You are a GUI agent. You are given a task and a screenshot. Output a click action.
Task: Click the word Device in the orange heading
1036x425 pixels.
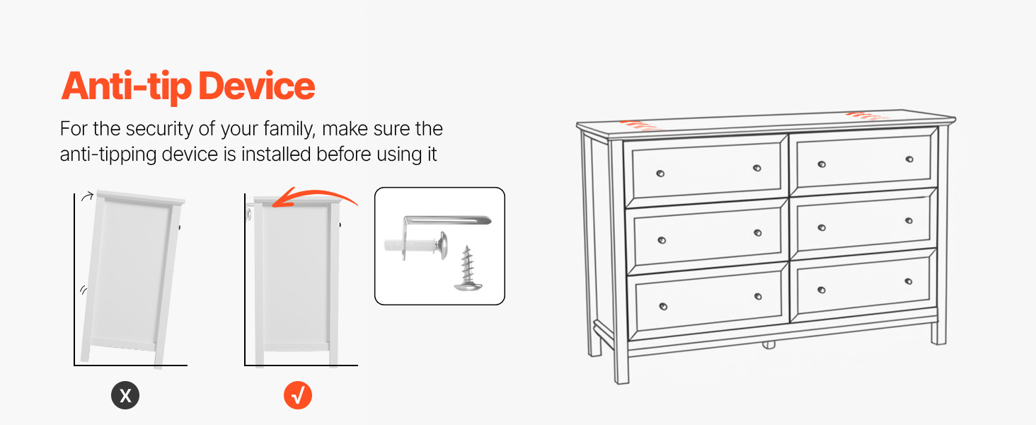click(257, 86)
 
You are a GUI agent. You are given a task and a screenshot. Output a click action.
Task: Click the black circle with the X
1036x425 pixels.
click(125, 395)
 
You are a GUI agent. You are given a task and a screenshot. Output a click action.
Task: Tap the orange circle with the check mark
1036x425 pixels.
click(298, 395)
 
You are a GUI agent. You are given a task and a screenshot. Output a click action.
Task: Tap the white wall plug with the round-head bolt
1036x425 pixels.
click(415, 244)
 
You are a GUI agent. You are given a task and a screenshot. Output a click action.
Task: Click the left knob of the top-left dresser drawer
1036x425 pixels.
click(660, 174)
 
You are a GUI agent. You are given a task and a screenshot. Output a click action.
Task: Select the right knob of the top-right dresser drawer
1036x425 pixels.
click(909, 159)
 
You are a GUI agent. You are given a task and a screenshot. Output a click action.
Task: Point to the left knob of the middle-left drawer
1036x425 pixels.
click(662, 240)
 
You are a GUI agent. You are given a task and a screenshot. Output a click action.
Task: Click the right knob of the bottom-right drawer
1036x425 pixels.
click(909, 281)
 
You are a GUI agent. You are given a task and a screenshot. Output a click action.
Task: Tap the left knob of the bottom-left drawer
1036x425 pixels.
click(663, 307)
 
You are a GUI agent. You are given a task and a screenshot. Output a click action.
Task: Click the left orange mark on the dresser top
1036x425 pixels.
click(640, 125)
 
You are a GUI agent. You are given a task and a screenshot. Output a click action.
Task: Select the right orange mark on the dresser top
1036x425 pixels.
click(865, 115)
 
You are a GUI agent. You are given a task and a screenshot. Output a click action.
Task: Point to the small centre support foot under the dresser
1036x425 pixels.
click(769, 345)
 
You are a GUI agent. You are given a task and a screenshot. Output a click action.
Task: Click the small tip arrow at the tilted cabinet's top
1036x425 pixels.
click(88, 196)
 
